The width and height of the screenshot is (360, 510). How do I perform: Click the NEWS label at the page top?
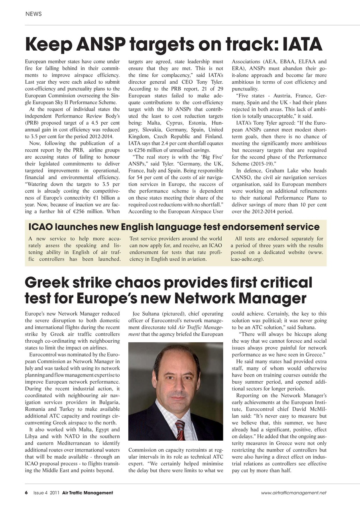tap(33, 14)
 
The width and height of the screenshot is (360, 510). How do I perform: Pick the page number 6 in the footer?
tap(26, 493)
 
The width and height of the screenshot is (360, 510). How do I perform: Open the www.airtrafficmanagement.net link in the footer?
tap(293, 493)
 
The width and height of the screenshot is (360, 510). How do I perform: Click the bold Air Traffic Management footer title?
tap(87, 493)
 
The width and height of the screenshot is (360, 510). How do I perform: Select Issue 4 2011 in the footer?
tap(46, 493)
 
